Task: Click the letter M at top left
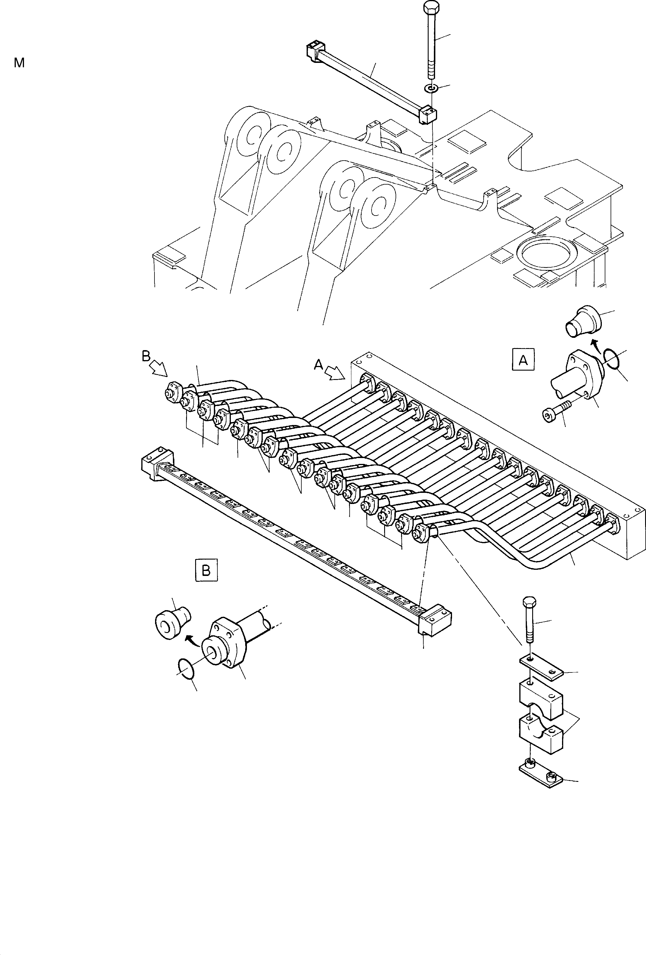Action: tap(19, 63)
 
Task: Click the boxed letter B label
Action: tap(206, 570)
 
